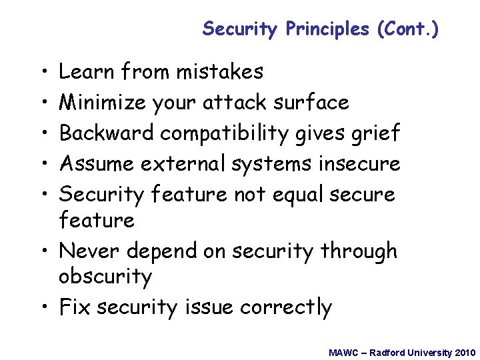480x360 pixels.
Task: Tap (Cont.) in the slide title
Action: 407,29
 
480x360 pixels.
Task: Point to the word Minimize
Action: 103,102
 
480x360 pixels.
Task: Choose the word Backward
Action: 107,133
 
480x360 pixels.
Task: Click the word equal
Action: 289,195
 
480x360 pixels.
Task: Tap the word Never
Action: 89,251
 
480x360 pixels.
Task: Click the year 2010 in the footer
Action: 464,352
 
